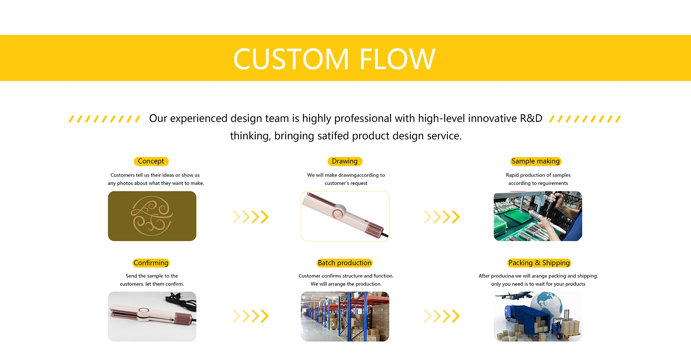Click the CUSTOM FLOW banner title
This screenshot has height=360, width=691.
[334, 59]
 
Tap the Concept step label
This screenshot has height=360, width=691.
[151, 161]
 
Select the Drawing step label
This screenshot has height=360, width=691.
[345, 161]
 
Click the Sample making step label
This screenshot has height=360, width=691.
[536, 161]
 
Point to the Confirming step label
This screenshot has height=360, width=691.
[151, 263]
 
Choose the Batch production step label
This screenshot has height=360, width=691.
[345, 263]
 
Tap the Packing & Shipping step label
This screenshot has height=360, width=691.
[539, 263]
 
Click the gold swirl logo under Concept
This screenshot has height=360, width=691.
[152, 216]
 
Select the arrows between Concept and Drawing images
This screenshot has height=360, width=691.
[251, 217]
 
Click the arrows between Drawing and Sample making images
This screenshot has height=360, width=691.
[442, 217]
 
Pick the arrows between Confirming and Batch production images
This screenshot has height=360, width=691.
[251, 316]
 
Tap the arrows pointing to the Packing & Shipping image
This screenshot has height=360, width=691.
[442, 316]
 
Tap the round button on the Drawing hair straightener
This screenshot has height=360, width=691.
[338, 214]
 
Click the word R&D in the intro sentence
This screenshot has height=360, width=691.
[531, 118]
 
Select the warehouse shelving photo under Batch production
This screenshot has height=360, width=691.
[345, 316]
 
